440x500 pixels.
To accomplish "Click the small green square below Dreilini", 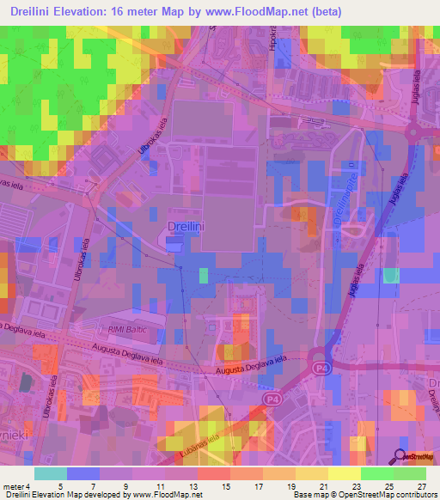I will [204, 274].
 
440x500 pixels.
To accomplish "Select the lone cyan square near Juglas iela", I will [391, 275].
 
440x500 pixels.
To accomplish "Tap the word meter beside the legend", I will [15, 487].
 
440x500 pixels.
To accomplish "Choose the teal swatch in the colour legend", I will [50, 473].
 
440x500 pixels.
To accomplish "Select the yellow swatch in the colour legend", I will [344, 473].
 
